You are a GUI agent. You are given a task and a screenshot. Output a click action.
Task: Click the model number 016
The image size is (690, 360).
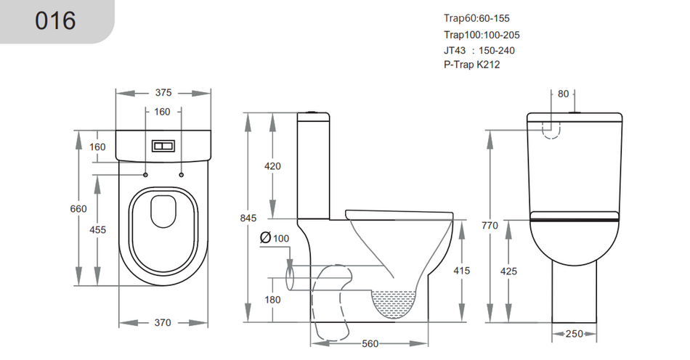(55, 20)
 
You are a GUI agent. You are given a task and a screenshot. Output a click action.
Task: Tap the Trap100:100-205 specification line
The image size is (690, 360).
(482, 34)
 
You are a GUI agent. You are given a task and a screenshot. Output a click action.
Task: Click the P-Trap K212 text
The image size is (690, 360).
(471, 65)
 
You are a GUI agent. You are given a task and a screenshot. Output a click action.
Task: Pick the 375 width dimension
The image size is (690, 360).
(163, 92)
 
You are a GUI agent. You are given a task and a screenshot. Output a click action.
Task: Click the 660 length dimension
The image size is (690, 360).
(78, 209)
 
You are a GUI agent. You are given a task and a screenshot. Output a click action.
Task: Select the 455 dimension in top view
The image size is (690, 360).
(97, 230)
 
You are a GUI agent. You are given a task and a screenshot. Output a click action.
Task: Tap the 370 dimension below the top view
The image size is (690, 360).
(163, 322)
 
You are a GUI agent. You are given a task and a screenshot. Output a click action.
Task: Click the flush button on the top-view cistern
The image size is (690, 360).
(163, 145)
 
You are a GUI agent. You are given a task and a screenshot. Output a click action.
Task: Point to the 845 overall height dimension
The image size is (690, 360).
(249, 217)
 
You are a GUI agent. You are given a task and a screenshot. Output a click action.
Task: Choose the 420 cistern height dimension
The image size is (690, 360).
(272, 166)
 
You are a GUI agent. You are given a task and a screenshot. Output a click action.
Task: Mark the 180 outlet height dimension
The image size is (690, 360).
(272, 300)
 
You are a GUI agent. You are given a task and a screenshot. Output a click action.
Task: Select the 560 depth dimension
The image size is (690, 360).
(370, 343)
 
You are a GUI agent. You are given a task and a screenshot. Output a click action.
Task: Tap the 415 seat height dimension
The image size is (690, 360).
(461, 271)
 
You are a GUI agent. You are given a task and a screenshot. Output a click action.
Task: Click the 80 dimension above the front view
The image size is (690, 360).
(564, 94)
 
